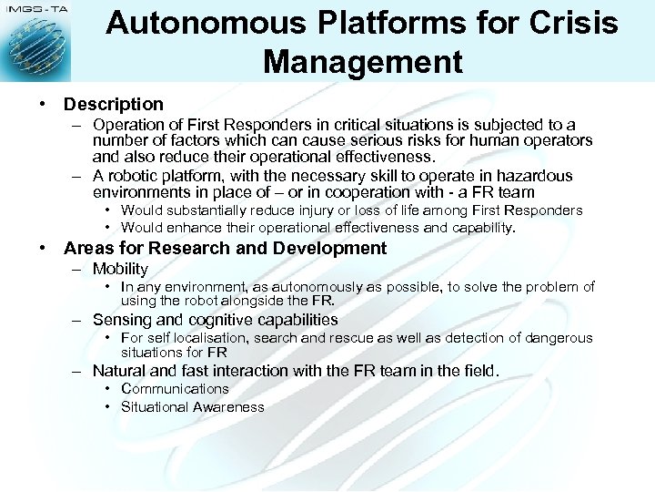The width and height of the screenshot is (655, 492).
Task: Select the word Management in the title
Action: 362,62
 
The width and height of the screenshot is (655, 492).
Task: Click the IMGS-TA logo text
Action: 34,8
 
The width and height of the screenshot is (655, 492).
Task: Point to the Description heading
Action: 114,104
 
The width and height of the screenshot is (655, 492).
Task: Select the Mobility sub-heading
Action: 120,269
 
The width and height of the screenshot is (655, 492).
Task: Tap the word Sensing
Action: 122,320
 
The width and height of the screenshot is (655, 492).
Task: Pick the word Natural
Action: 121,371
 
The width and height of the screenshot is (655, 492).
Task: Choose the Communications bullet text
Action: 175,389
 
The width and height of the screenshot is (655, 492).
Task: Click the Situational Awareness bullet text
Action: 193,407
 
